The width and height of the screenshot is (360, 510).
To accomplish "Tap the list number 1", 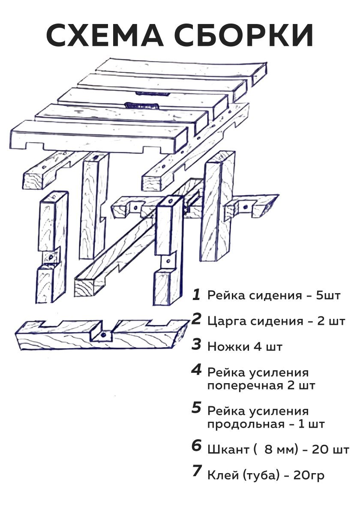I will click(196, 294).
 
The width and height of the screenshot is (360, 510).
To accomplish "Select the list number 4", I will click(196, 370).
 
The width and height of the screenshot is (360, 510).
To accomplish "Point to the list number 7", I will click(196, 471).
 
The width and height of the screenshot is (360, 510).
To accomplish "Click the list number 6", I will click(196, 446).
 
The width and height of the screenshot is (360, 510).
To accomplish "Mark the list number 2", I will click(196, 319).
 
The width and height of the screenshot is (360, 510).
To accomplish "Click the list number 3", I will click(196, 345).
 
